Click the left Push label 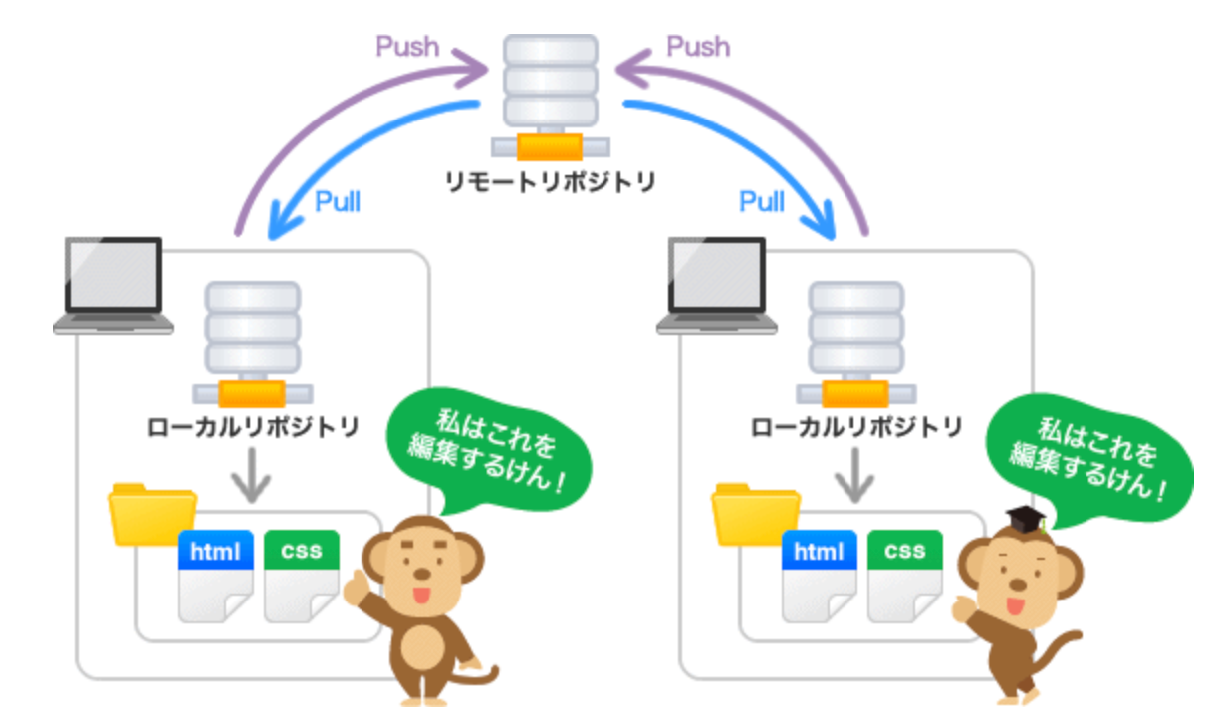(x=407, y=46)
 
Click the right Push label (x=697, y=46)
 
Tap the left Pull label (x=338, y=201)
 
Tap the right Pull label (x=763, y=201)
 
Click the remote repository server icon (x=550, y=95)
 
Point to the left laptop (x=112, y=285)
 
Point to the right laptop (x=717, y=285)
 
